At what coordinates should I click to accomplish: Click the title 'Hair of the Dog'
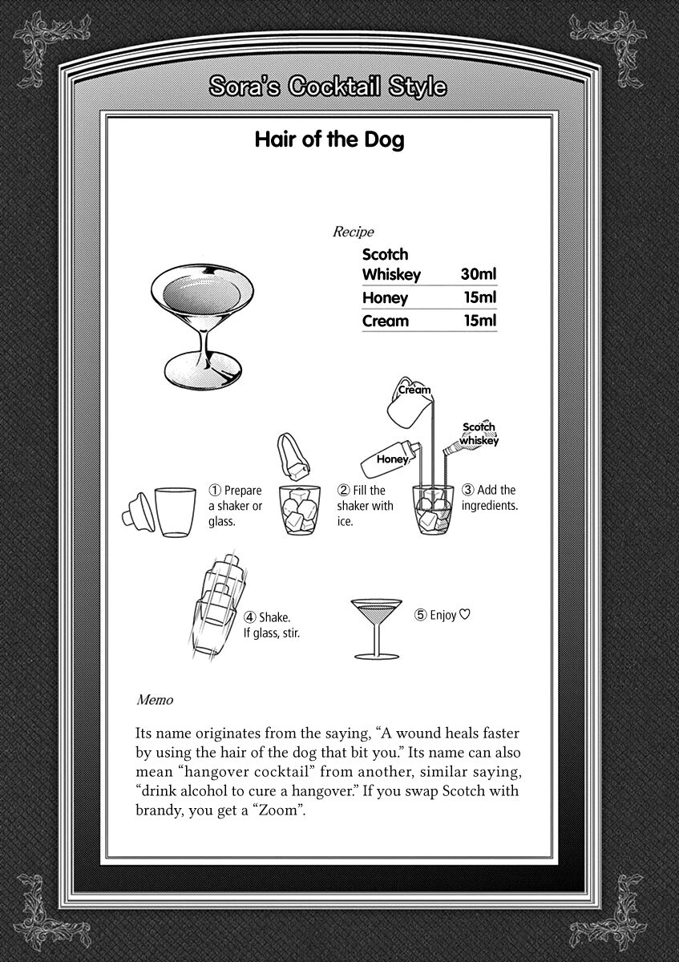click(329, 140)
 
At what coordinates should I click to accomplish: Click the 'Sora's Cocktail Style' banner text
click(327, 87)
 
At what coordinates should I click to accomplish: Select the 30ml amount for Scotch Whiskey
click(479, 274)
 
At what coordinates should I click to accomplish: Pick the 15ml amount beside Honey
click(480, 297)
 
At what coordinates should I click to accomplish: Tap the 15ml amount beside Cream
click(480, 321)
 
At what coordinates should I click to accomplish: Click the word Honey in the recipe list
click(385, 297)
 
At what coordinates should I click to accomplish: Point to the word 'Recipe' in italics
click(353, 232)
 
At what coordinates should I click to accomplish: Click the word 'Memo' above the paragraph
click(155, 700)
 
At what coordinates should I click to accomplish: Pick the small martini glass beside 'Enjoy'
click(378, 626)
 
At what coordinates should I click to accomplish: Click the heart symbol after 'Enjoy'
click(464, 616)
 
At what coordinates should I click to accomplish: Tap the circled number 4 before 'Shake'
click(250, 617)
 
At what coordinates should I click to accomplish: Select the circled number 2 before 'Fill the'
click(343, 490)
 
